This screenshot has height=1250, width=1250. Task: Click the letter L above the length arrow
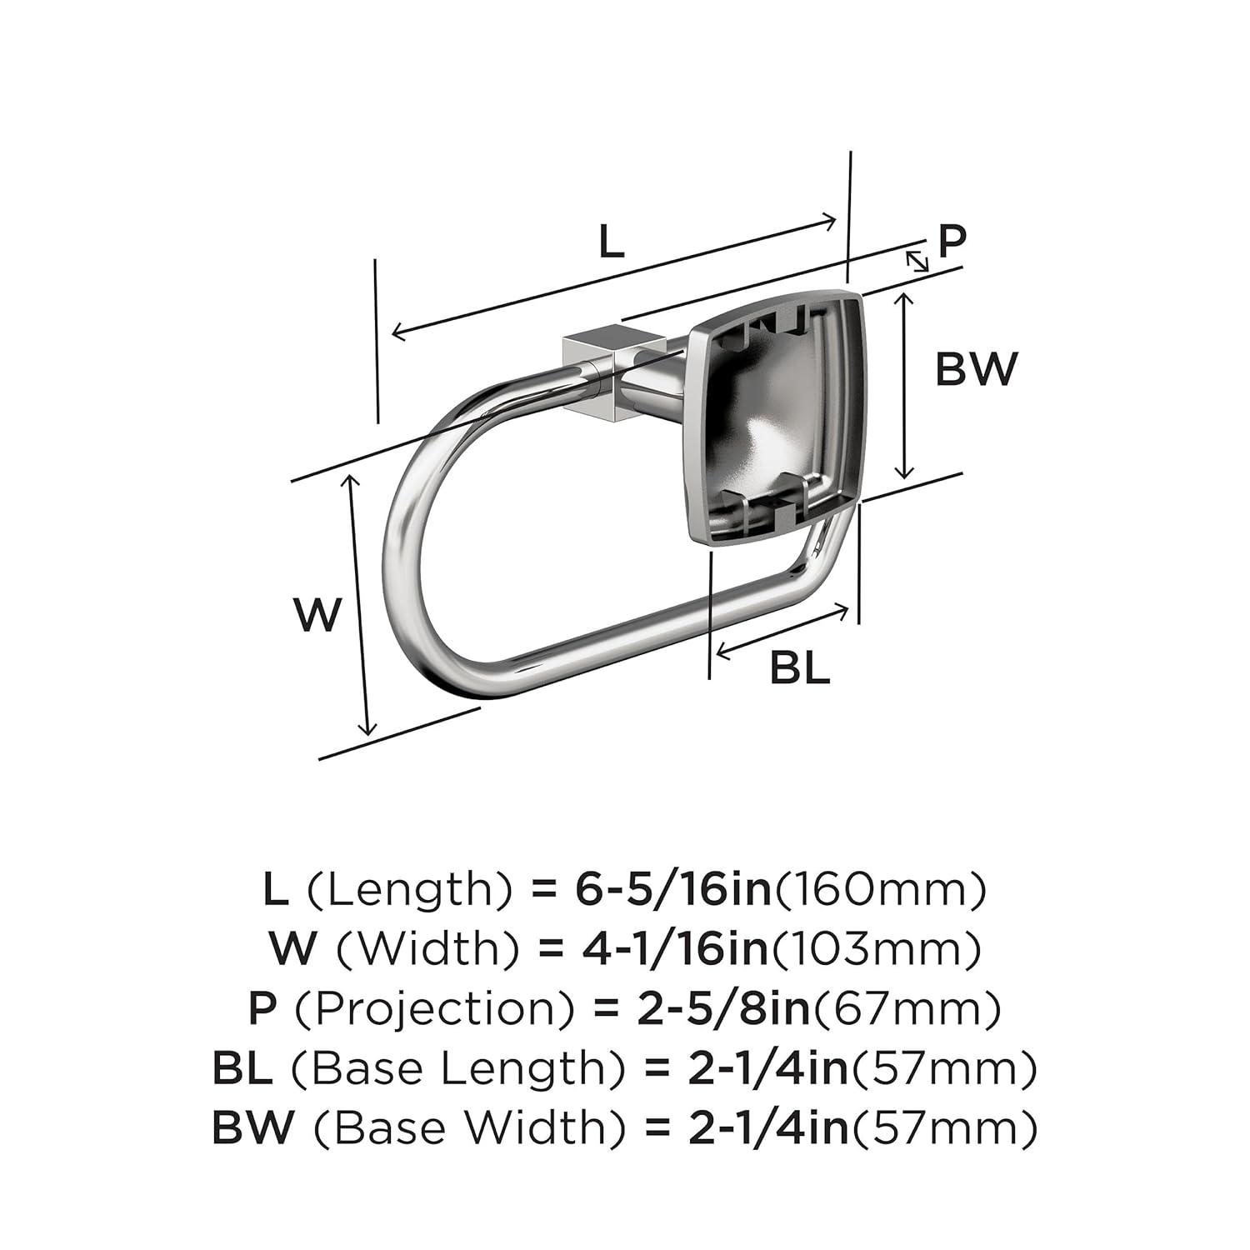611,242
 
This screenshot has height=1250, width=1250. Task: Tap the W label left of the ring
318,615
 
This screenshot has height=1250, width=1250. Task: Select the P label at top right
952,241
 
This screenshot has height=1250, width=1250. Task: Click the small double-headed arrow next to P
917,261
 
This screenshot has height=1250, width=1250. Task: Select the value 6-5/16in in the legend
674,890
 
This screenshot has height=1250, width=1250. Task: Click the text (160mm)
881,890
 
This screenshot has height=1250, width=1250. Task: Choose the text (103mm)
876,949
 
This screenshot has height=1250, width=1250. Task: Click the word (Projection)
435,1009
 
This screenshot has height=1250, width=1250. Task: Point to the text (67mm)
907,1009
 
